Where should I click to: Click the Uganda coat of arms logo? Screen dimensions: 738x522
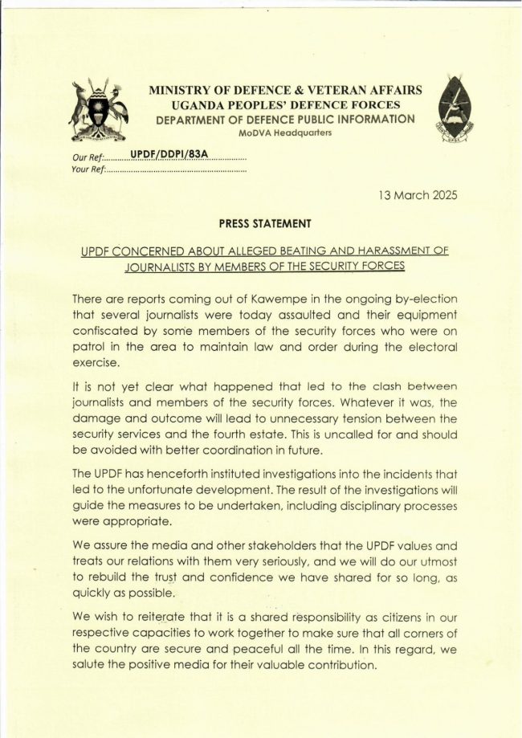pyautogui.click(x=99, y=111)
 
